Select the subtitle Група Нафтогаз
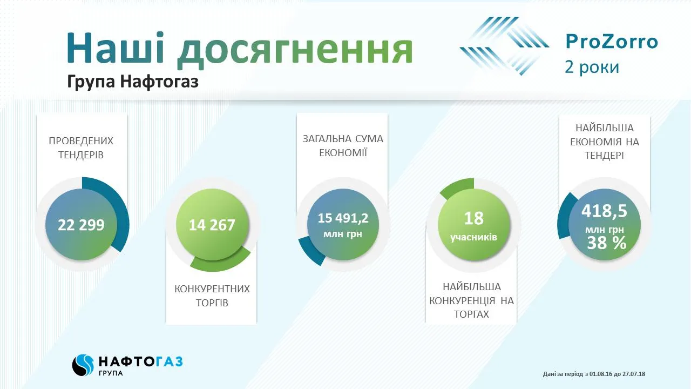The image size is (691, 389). [133, 82]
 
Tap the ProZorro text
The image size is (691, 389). [612, 42]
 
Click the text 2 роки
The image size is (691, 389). [592, 67]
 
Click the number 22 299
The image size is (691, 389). [82, 225]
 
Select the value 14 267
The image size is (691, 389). [212, 225]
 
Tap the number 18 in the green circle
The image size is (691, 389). [473, 218]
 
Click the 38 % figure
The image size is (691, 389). [606, 243]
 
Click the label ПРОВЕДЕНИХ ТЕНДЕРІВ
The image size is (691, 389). [82, 148]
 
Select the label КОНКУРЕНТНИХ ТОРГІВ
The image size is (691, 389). [212, 296]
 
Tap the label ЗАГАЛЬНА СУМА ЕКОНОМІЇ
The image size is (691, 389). [343, 145]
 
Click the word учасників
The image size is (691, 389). [473, 238]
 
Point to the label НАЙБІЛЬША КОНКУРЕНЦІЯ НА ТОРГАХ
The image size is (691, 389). [471, 300]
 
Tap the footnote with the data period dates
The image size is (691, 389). [594, 374]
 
